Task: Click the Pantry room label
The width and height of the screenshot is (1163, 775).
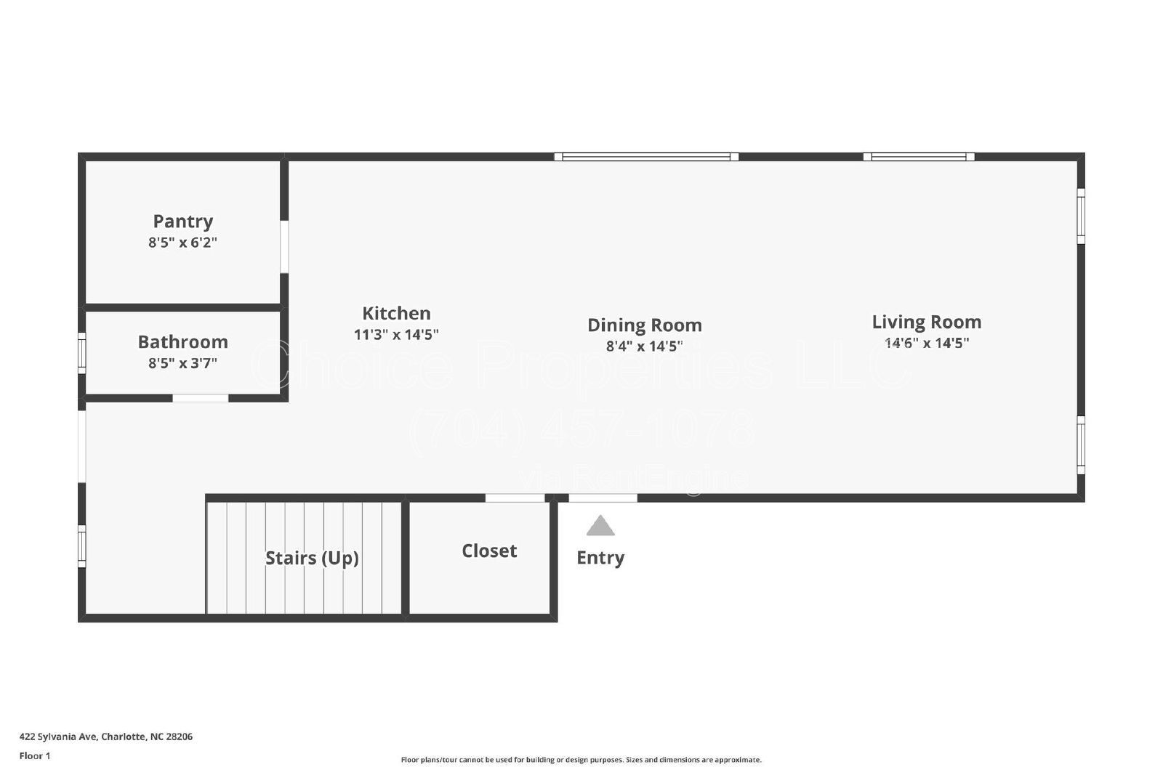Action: [182, 221]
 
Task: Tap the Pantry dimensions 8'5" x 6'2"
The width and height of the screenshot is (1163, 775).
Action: [182, 243]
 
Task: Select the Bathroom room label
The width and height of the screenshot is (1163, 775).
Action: [182, 341]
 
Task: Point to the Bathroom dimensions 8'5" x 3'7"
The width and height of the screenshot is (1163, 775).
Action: [182, 363]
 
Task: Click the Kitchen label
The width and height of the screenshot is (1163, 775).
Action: [396, 313]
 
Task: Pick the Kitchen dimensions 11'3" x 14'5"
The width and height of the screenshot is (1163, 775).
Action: [396, 335]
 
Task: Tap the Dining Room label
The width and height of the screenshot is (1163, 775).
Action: [644, 325]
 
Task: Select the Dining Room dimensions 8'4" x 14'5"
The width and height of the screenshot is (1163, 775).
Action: [644, 346]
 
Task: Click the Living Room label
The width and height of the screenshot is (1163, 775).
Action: [926, 322]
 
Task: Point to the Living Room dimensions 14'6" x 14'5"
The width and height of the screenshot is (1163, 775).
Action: [926, 344]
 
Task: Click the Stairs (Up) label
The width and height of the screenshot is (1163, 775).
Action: [312, 558]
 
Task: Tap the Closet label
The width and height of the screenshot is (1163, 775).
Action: [489, 551]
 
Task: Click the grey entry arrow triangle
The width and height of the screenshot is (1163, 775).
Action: [600, 527]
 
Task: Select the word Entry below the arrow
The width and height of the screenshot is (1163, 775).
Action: [600, 558]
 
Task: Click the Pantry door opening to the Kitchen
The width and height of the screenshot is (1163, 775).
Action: [284, 247]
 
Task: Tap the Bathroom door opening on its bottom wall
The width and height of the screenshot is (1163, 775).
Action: [200, 398]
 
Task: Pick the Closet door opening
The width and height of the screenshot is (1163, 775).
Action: [515, 498]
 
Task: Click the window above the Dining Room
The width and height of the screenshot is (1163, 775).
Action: [646, 156]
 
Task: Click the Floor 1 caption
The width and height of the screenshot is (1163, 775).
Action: [35, 756]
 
